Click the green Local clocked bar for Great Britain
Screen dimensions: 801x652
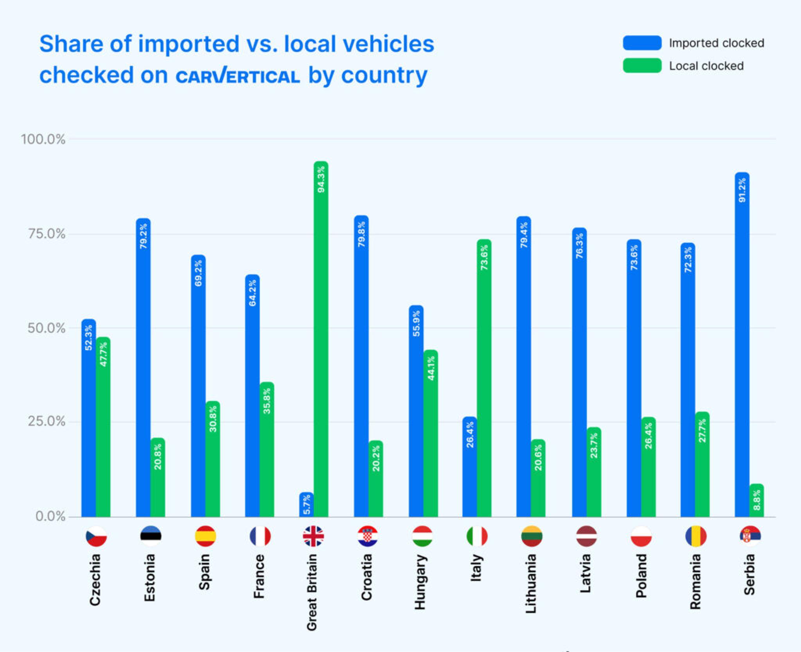(321, 339)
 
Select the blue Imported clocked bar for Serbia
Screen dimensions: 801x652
(742, 344)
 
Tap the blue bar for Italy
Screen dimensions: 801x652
(469, 467)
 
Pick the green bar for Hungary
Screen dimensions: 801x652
(431, 433)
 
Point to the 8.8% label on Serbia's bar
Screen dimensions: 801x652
(757, 500)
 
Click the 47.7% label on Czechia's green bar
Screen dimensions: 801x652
(103, 354)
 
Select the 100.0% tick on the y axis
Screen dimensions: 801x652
(43, 139)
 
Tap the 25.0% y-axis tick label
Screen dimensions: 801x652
(46, 421)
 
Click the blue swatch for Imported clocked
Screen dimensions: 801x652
(642, 43)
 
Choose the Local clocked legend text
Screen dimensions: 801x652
(706, 66)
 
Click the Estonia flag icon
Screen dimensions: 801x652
(151, 536)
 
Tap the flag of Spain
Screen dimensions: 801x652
(205, 536)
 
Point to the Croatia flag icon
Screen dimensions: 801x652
(368, 536)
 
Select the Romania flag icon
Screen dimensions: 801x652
(696, 536)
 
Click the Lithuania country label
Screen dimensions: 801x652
(530, 583)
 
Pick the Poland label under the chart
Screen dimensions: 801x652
(641, 575)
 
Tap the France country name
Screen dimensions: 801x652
(259, 576)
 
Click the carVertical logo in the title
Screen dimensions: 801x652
(238, 76)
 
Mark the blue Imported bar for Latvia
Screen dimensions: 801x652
(579, 372)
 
